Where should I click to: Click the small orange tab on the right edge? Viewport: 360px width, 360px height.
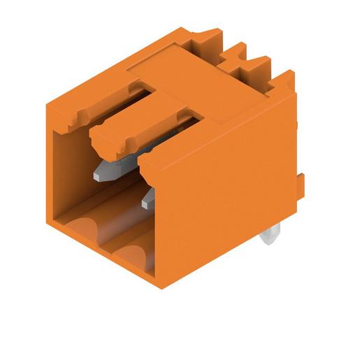[x=302, y=185]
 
